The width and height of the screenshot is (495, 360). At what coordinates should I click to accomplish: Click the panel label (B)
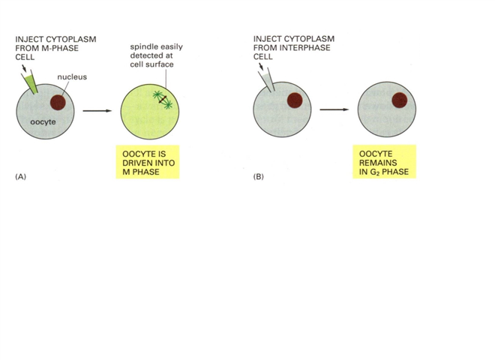[x=259, y=178]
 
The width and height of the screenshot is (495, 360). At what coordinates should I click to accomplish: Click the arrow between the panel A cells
[x=92, y=110]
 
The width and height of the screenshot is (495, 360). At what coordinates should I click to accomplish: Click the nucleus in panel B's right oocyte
[x=398, y=100]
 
